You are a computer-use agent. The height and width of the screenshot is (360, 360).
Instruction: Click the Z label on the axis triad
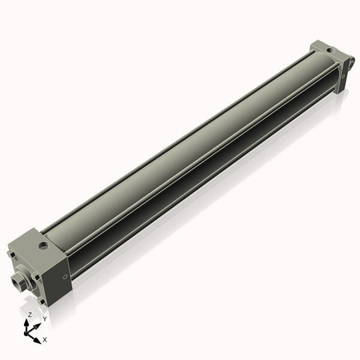pos(30,314)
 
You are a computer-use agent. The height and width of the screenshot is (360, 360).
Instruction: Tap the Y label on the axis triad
pos(44,319)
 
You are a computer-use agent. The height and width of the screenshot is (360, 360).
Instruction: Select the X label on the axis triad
pos(45,340)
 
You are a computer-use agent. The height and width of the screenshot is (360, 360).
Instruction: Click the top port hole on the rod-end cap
pos(43,245)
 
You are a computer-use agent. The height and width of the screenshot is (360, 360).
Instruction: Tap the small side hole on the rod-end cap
pos(65,277)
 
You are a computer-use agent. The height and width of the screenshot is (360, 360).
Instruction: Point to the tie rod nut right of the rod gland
pos(36,277)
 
